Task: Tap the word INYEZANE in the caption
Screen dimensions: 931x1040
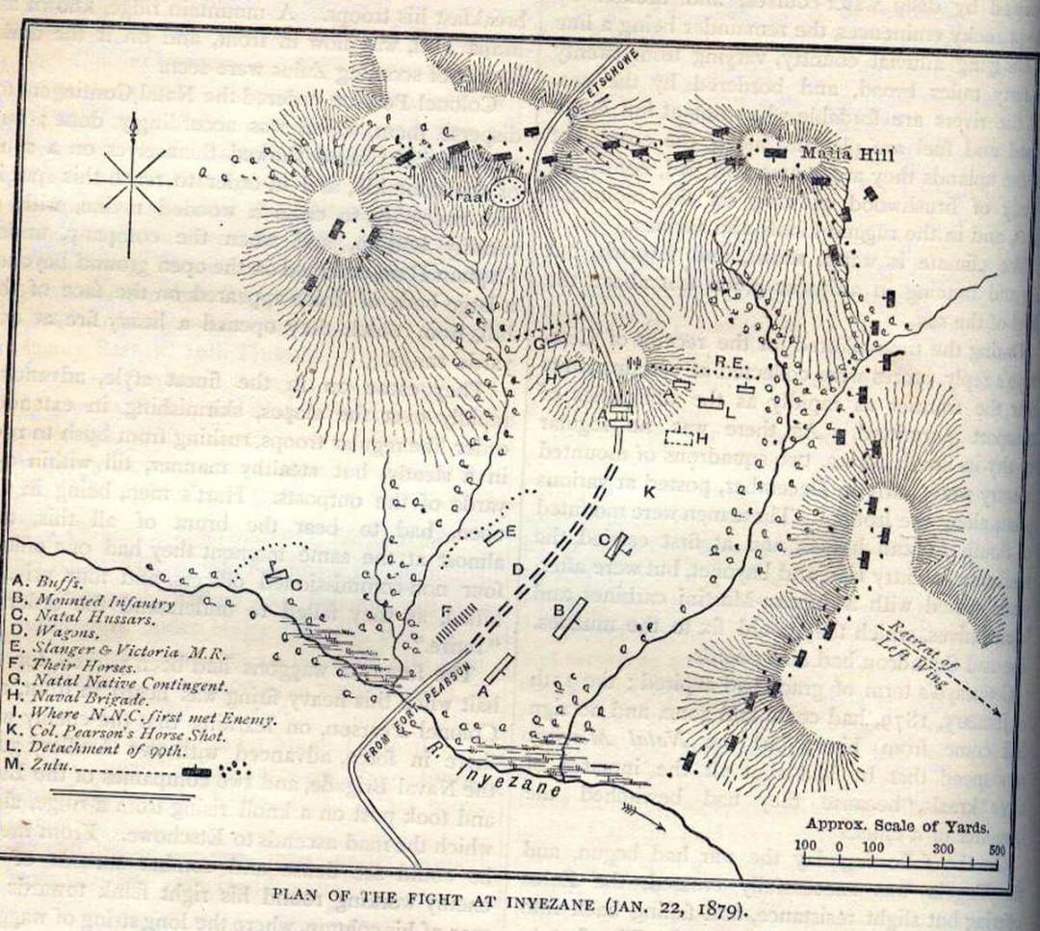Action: click(535, 906)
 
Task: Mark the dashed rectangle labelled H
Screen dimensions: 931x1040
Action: click(680, 439)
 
